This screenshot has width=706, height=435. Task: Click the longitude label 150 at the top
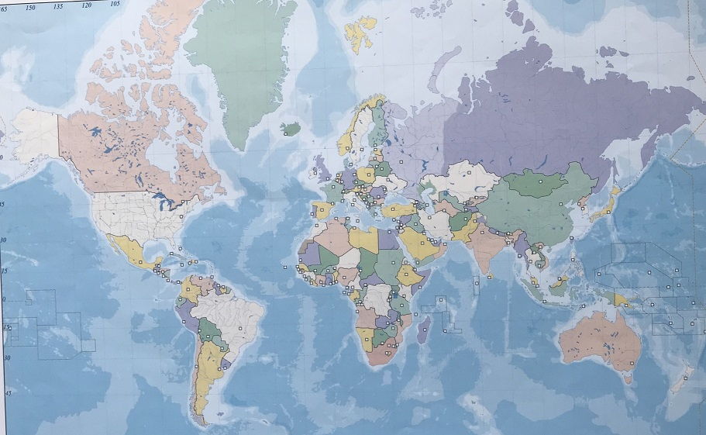[31, 7]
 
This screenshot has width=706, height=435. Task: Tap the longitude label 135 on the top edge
[59, 5]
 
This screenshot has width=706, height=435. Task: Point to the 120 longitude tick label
[87, 5]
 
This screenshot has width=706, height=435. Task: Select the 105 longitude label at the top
[115, 4]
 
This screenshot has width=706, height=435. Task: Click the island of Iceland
[290, 128]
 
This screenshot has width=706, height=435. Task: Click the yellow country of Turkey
[398, 209]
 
